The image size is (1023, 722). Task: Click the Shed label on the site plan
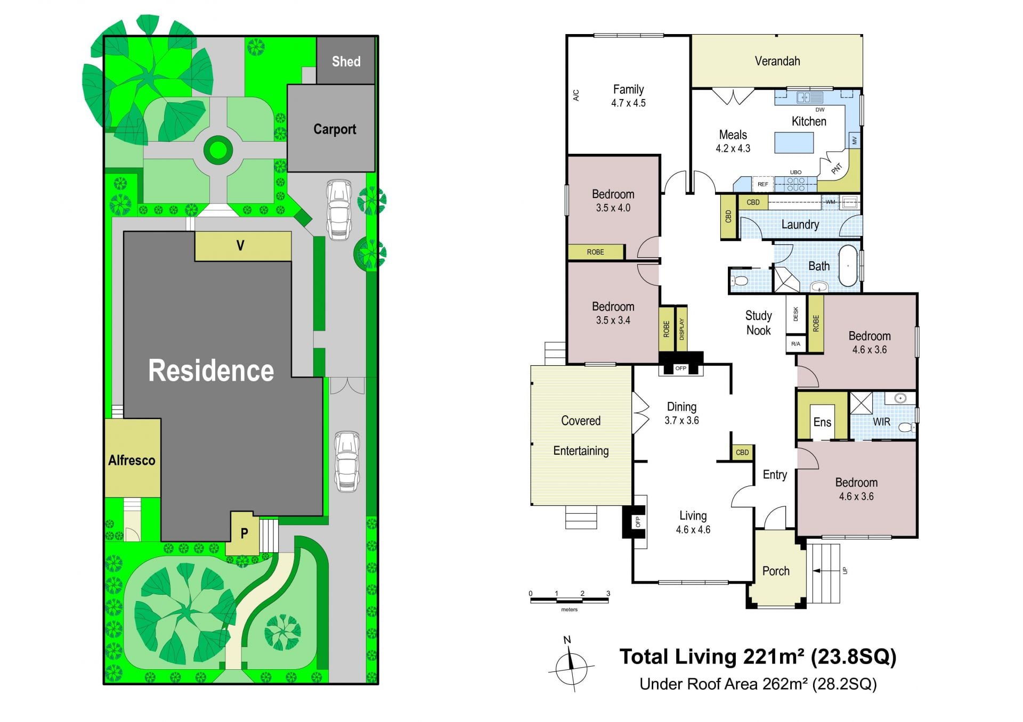pos(346,62)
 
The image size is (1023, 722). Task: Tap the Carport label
pos(335,129)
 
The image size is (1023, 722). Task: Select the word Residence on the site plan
pos(211,371)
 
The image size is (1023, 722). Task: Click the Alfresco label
pos(132,460)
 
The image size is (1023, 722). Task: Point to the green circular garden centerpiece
pos(218,150)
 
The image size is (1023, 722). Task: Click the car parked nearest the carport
pos(339,210)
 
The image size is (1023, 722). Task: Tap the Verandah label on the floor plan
pos(777,61)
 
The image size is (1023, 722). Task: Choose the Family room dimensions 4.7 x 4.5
pos(628,103)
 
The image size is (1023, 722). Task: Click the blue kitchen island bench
pos(794,143)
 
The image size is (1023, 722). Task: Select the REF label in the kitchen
pos(763,184)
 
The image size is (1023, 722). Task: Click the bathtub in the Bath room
pos(848,266)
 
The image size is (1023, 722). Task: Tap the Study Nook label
pos(758,323)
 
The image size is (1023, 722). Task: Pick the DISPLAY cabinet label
pos(681,329)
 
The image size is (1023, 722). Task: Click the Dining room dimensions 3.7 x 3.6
pos(681,421)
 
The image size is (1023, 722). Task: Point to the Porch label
pos(776,571)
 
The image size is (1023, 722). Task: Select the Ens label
pos(822,422)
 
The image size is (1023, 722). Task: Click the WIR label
pos(881,422)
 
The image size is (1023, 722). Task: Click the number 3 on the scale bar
pos(608,593)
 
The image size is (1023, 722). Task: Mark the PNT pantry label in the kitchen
pos(837,168)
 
